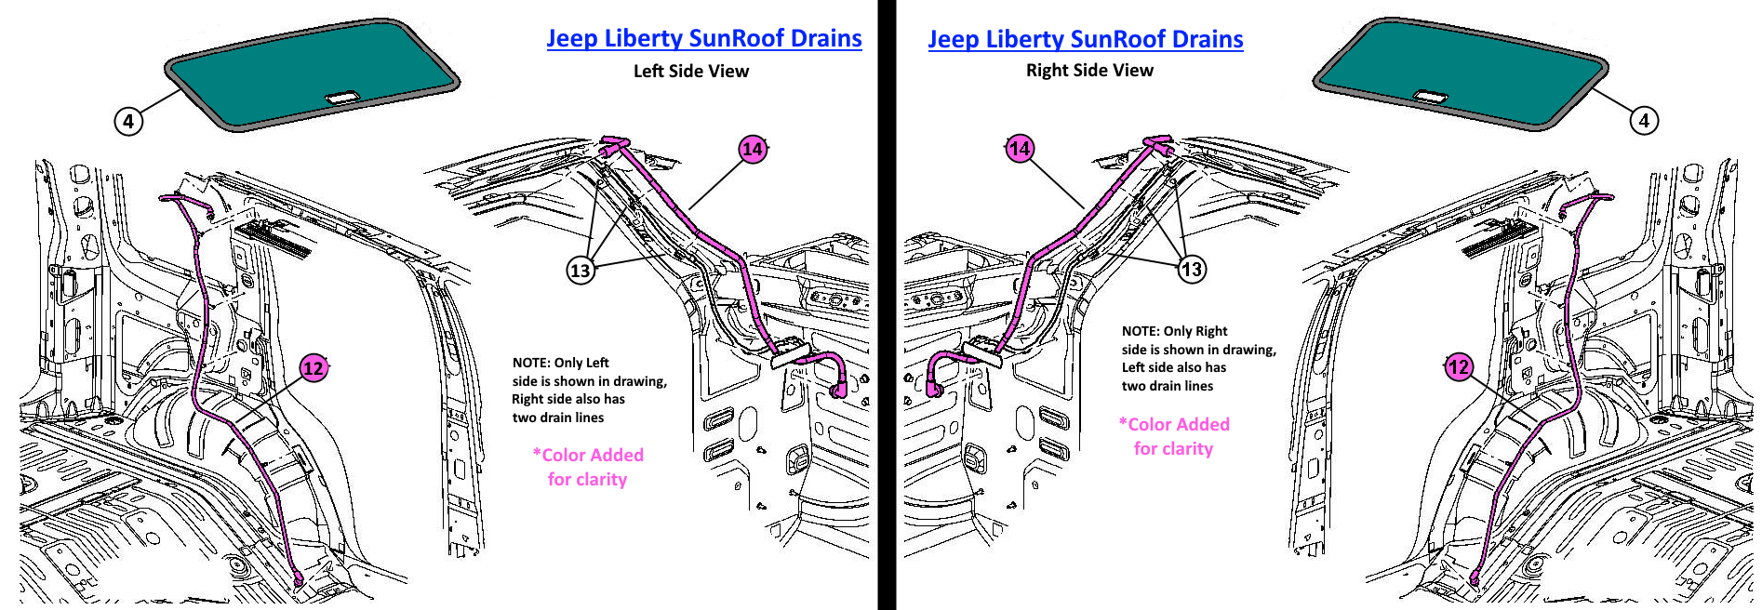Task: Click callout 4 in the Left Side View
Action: [128, 121]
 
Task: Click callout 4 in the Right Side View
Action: [1644, 120]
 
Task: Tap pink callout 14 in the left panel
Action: [753, 149]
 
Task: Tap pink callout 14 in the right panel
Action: [1020, 149]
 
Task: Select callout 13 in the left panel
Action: [581, 271]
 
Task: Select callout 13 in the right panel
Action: [1192, 270]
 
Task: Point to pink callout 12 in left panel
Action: [314, 368]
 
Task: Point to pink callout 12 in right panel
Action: [1459, 367]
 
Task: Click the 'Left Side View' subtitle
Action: [690, 72]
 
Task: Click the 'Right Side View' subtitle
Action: [1089, 71]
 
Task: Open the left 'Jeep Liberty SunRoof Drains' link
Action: [703, 38]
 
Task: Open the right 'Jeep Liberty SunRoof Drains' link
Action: [1085, 39]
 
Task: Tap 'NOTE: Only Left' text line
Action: [560, 363]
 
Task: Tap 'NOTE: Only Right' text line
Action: [1174, 331]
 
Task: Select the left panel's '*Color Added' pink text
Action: [588, 455]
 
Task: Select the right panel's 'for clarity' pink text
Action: [1173, 448]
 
